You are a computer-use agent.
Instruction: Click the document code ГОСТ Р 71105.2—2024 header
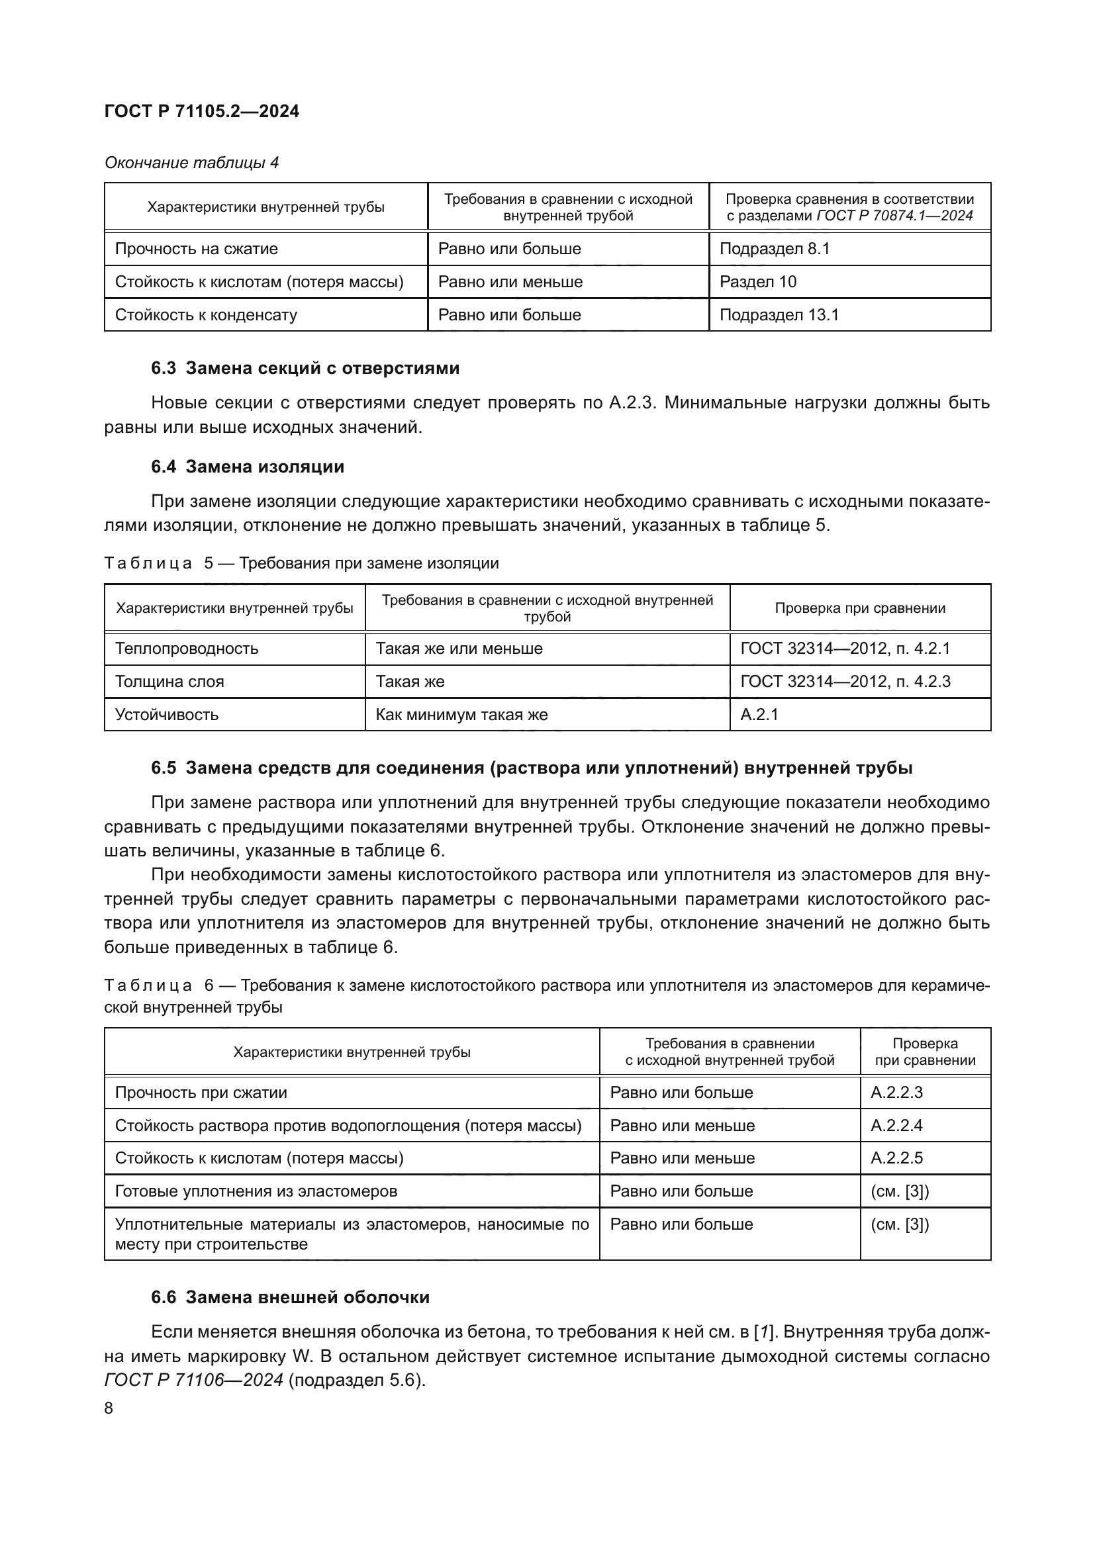[202, 111]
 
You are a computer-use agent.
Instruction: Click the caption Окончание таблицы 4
[191, 163]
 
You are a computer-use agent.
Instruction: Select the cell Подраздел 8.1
[774, 249]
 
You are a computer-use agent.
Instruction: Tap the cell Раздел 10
[757, 282]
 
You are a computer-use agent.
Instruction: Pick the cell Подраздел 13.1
[779, 315]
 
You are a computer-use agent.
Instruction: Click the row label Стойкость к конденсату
[206, 315]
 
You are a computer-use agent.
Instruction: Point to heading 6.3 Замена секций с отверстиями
[305, 368]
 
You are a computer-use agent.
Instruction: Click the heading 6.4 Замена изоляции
[248, 467]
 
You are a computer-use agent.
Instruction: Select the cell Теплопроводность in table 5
[187, 649]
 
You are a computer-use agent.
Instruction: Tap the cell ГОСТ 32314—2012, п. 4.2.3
[845, 682]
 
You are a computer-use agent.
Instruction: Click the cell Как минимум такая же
[461, 715]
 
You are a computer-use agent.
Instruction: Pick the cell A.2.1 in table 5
[759, 715]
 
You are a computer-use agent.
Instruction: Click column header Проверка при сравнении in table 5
[860, 608]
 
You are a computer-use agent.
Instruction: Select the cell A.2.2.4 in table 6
[896, 1125]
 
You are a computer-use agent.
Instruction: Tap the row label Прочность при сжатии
[201, 1092]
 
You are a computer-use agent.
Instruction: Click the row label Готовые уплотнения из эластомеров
[256, 1191]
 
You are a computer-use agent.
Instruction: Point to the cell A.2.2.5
[896, 1158]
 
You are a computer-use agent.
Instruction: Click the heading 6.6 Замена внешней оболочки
[290, 1297]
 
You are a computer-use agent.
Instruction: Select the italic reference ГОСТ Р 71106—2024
[194, 1380]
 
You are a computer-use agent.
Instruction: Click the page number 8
[109, 1408]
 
